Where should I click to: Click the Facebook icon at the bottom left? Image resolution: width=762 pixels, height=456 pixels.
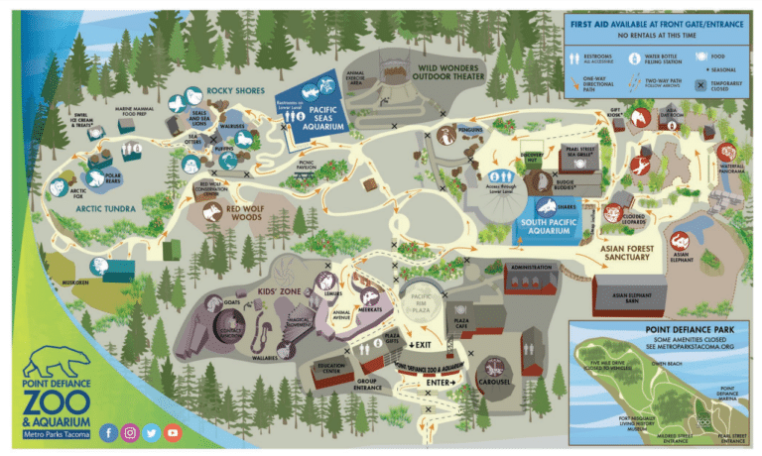[107, 433]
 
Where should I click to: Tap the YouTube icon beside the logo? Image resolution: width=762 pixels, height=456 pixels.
[174, 433]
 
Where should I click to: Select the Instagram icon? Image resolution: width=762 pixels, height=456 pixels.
[130, 433]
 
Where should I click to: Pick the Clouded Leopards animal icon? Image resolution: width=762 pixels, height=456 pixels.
[615, 212]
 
